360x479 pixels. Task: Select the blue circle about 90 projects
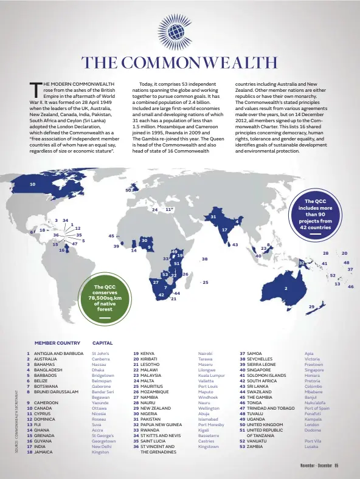point(315,214)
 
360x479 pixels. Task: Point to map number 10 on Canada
point(32,184)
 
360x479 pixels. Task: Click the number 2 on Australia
point(286,288)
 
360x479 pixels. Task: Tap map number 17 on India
point(224,230)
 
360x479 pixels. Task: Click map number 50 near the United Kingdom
point(128,190)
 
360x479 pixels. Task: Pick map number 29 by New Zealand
point(311,306)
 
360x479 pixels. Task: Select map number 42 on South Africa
point(161,295)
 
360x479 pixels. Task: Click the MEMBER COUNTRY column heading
point(57,343)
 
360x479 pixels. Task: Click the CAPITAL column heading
point(102,343)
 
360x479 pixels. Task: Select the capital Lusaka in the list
point(311,446)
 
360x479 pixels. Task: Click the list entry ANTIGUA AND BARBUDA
point(58,353)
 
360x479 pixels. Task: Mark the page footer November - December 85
point(319,466)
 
